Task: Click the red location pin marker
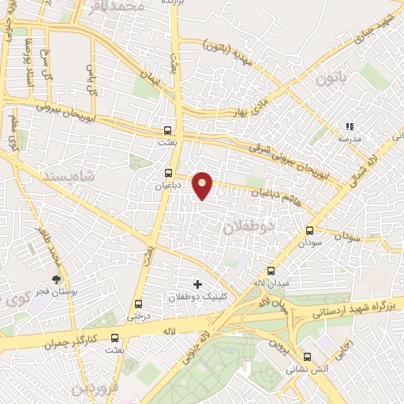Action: pos(203,185)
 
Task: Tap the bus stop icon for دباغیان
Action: pos(167,173)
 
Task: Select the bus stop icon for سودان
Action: pos(309,231)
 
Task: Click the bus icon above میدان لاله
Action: pos(271,271)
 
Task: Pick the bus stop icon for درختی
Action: pos(138,305)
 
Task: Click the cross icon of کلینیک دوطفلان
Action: pos(197,284)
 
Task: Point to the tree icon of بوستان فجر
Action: pos(56,279)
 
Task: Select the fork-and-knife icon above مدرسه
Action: pos(349,126)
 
